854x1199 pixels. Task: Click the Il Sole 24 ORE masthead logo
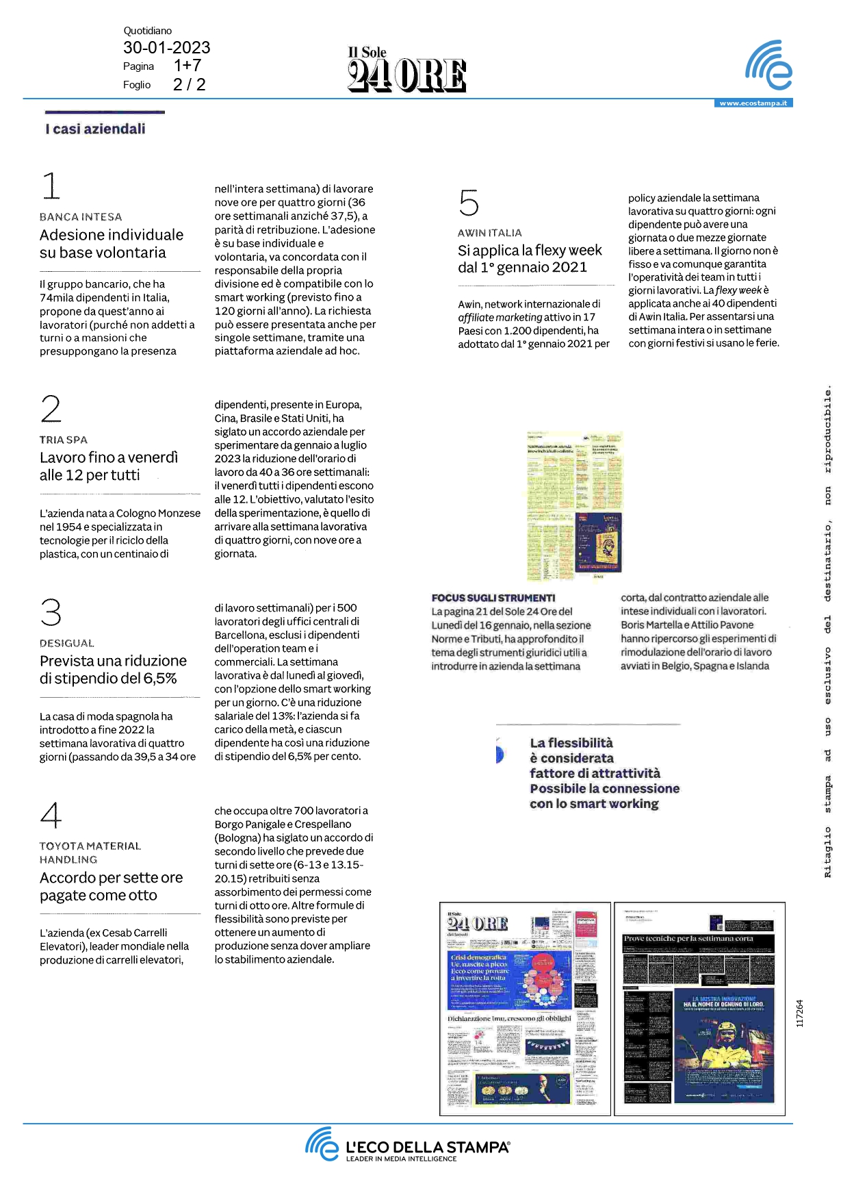(x=406, y=71)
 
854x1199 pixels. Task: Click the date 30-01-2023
(x=166, y=47)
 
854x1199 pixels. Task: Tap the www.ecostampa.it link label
(x=753, y=103)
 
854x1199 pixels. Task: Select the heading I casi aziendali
(x=95, y=129)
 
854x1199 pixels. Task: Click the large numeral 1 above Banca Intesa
(x=51, y=186)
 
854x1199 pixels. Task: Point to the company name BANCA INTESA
(x=81, y=217)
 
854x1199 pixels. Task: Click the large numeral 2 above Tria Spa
(x=51, y=409)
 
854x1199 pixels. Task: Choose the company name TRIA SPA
(x=64, y=440)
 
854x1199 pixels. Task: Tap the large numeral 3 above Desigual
(x=51, y=612)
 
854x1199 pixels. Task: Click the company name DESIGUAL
(x=67, y=644)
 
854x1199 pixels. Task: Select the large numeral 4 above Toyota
(x=51, y=814)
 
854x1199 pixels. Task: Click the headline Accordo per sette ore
(x=111, y=878)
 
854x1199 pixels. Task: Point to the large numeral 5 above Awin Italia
(x=469, y=203)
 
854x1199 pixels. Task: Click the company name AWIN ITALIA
(x=490, y=233)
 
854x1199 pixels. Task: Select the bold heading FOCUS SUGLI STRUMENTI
(x=493, y=598)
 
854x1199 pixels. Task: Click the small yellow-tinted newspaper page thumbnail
(x=575, y=506)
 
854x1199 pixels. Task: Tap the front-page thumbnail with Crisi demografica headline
(x=525, y=1009)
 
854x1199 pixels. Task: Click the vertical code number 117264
(x=800, y=1013)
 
